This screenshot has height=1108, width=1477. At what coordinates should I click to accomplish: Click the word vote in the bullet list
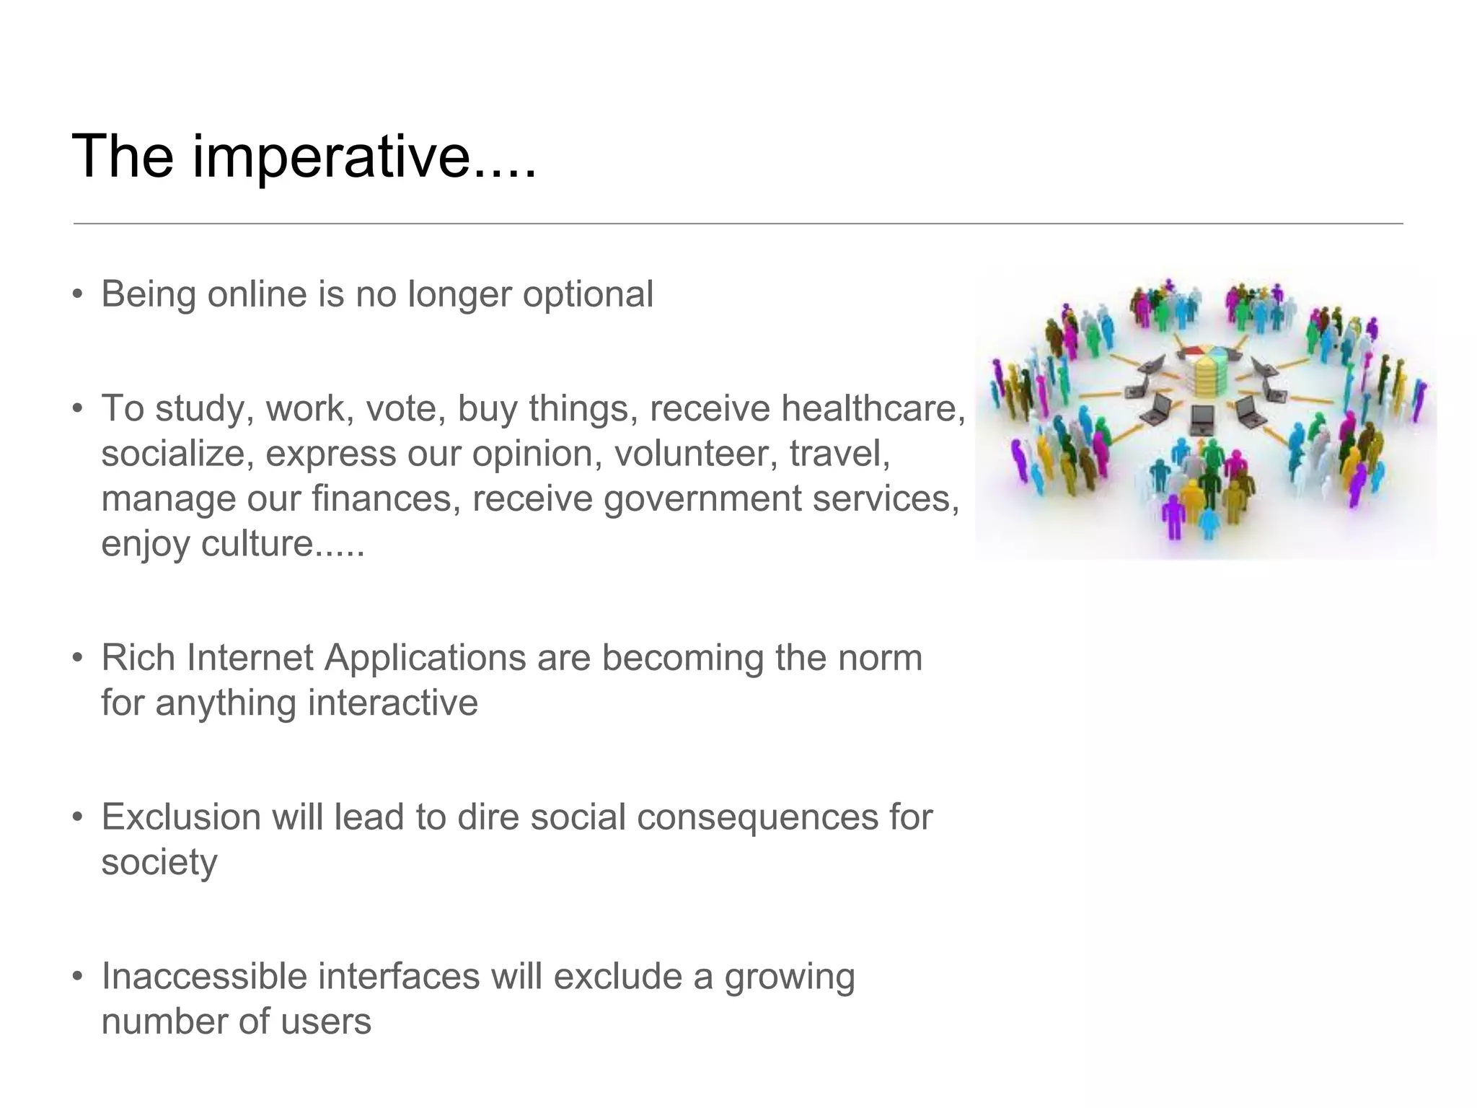[x=405, y=408]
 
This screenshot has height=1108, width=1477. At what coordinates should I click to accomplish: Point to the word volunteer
[x=696, y=454]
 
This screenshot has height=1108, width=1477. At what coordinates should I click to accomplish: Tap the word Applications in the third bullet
[x=424, y=658]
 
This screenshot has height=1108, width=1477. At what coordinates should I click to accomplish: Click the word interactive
[x=393, y=703]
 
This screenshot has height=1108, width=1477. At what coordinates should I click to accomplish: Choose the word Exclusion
[x=180, y=817]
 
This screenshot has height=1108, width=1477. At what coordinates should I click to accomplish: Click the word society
[x=159, y=863]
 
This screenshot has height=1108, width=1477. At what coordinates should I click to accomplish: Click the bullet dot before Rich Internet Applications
[x=78, y=658]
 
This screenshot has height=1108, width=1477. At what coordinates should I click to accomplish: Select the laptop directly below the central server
[x=1202, y=419]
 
